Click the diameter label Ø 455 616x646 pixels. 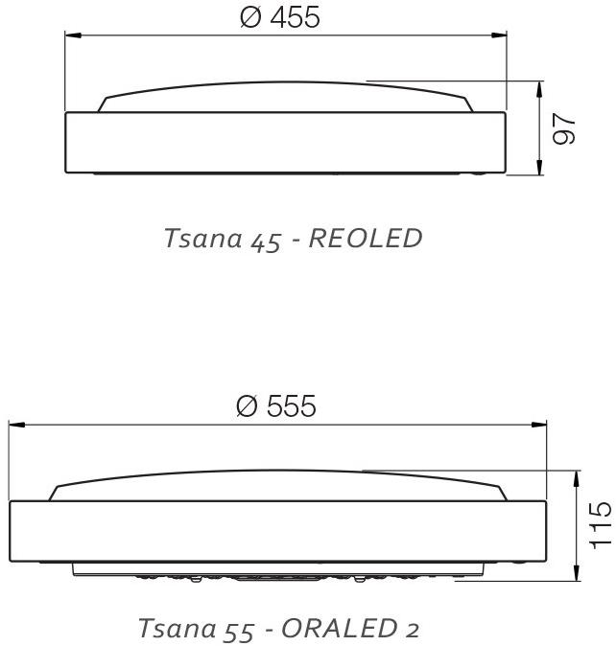(x=281, y=17)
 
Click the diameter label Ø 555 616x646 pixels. (x=276, y=406)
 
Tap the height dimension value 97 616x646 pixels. (x=566, y=129)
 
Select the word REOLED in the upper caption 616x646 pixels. (x=367, y=239)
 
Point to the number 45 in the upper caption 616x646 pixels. (x=264, y=241)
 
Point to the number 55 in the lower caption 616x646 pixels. (x=239, y=631)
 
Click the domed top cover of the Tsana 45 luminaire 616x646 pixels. (x=285, y=97)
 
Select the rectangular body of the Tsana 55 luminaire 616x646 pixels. (x=278, y=531)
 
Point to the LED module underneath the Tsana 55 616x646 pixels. (x=278, y=572)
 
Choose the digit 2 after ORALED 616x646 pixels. (x=412, y=630)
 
